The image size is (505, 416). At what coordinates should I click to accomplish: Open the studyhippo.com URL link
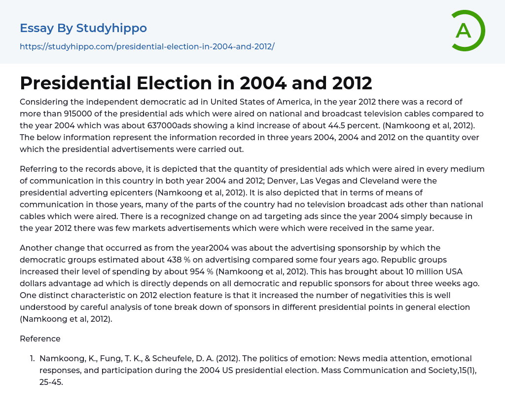point(147,46)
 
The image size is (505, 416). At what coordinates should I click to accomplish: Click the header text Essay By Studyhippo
point(83,28)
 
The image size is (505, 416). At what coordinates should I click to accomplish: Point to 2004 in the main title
point(263,83)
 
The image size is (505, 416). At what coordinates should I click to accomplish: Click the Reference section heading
point(40,339)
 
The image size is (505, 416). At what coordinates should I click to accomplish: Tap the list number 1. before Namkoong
point(32,358)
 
